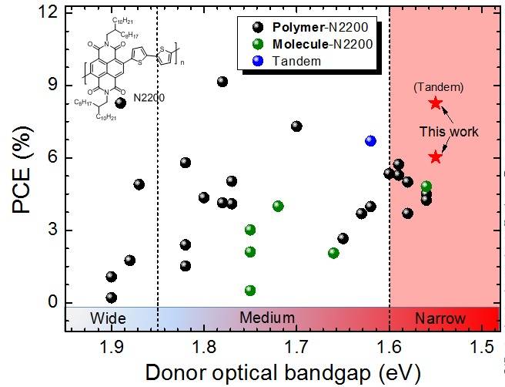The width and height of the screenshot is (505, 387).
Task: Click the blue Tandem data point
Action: (x=370, y=140)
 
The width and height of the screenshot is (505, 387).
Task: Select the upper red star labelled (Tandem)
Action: (x=436, y=103)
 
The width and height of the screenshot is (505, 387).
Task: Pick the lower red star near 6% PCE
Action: (x=436, y=156)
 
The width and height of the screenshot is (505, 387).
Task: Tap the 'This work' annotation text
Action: (x=449, y=132)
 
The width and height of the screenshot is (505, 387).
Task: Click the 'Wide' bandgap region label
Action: (x=108, y=318)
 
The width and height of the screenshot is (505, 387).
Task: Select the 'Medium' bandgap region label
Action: (x=267, y=318)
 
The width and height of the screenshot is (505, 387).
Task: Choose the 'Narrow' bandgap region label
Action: (x=440, y=318)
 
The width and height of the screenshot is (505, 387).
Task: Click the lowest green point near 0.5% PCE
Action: (x=250, y=291)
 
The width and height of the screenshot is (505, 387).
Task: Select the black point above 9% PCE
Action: (x=222, y=82)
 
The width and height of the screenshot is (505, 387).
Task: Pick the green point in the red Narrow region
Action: (x=426, y=187)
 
